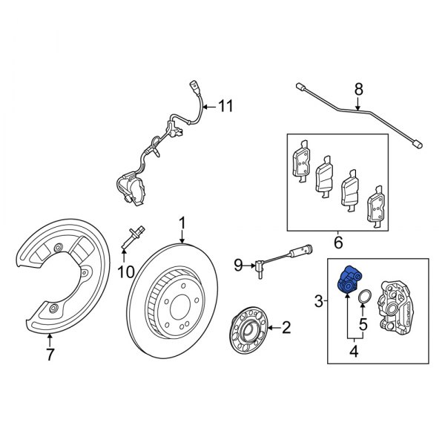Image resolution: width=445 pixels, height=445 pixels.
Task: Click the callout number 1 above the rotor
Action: click(182, 222)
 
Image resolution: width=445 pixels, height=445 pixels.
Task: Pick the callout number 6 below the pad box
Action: click(337, 243)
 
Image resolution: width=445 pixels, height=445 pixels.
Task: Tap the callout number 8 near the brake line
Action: click(358, 90)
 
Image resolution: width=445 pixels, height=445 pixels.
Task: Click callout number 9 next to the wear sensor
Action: click(239, 263)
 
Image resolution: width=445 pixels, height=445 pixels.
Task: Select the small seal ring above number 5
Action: click(363, 299)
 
